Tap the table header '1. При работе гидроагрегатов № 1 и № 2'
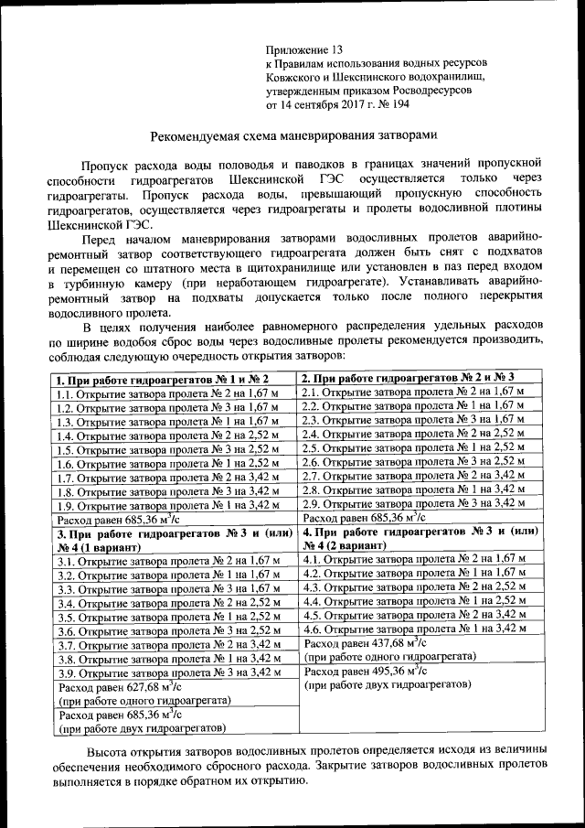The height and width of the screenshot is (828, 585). [x=163, y=379]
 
